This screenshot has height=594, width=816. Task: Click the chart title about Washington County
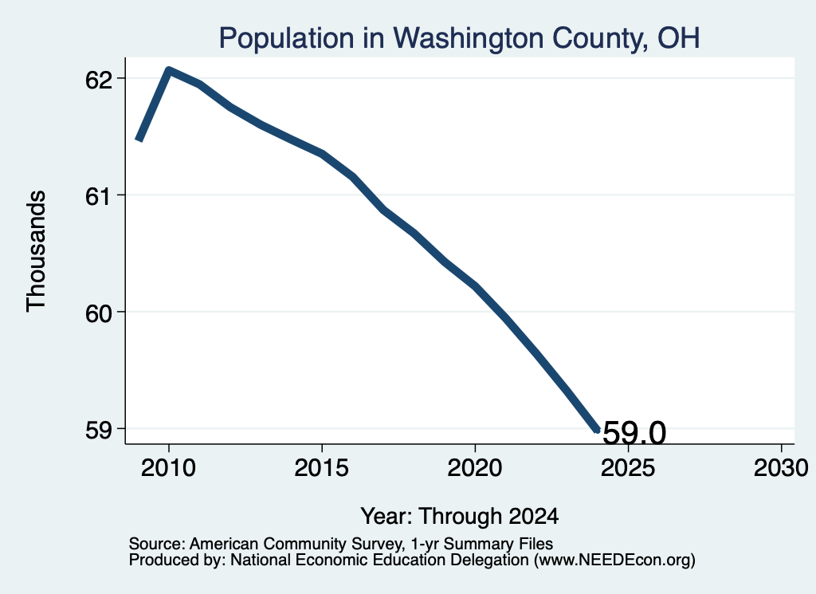pos(459,38)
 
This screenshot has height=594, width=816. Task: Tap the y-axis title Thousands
pos(37,251)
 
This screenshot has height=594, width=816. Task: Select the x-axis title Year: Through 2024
pos(460,517)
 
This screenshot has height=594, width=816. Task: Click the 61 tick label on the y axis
pos(99,197)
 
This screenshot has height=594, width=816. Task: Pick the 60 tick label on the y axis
pos(99,314)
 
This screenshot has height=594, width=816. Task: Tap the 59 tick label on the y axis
pos(99,431)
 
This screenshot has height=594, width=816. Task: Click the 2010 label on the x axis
pos(168,468)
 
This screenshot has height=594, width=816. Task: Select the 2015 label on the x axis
pos(322,468)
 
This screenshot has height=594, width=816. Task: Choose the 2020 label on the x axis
pos(475,468)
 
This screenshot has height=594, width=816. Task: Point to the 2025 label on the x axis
pos(628,468)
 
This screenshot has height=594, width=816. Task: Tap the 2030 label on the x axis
pos(781,468)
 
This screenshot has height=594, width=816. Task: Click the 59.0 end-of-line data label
pos(634,432)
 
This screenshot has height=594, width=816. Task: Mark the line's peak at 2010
pos(169,69)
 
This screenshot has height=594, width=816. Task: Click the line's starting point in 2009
pos(139,140)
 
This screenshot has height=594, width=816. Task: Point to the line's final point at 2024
pos(598,430)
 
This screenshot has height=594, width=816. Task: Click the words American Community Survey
pos(295,545)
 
